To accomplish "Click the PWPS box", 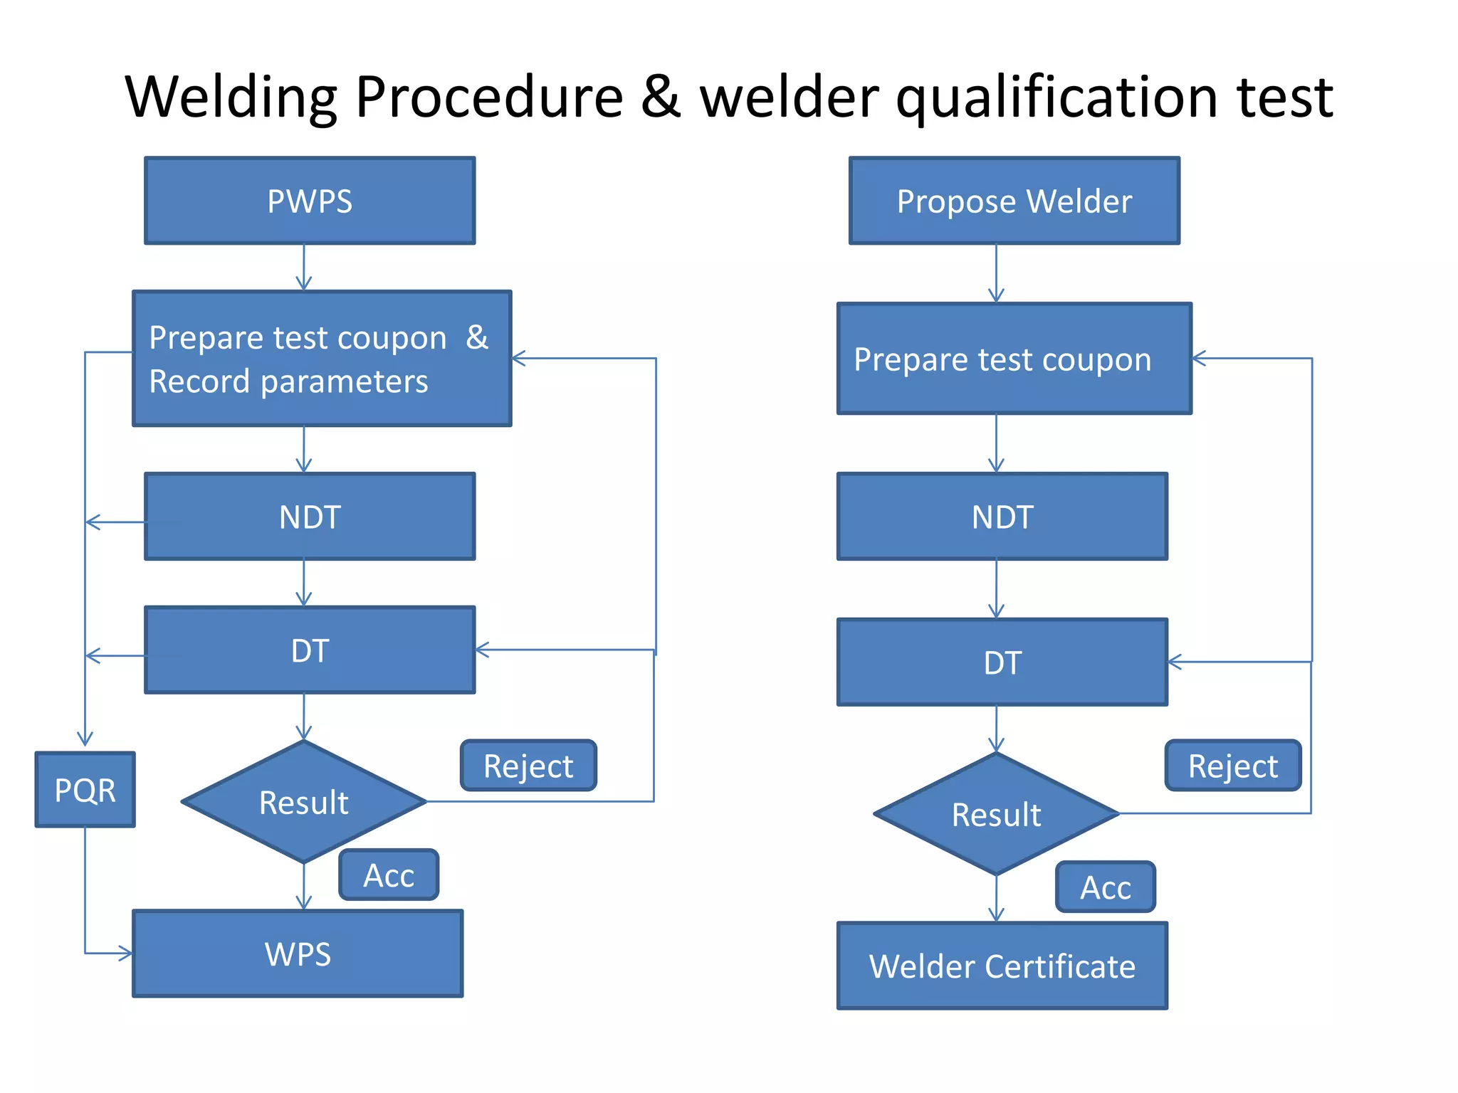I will tap(310, 201).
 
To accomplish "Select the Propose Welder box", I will tap(1014, 201).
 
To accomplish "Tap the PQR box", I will tap(85, 790).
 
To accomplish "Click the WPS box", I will tap(298, 954).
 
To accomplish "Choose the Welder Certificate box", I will tap(1002, 966).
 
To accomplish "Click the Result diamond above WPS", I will tap(304, 802).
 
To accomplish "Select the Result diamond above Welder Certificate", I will tap(996, 814).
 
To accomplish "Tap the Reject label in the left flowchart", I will tap(528, 766).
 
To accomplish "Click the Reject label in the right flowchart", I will tap(1232, 766).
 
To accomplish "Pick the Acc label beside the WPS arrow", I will tap(389, 875).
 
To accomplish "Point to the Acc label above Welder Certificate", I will tap(1105, 887).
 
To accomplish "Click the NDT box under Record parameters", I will tap(310, 517).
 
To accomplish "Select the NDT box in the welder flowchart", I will tap(1002, 517).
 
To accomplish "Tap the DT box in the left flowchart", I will tap(310, 650).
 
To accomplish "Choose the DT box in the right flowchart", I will tap(1002, 662).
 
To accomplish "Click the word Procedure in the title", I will tap(489, 97).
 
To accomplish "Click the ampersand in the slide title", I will tap(661, 97).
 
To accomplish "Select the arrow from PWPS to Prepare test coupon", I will tap(304, 268).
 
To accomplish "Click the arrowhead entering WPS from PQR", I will tap(126, 953).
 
